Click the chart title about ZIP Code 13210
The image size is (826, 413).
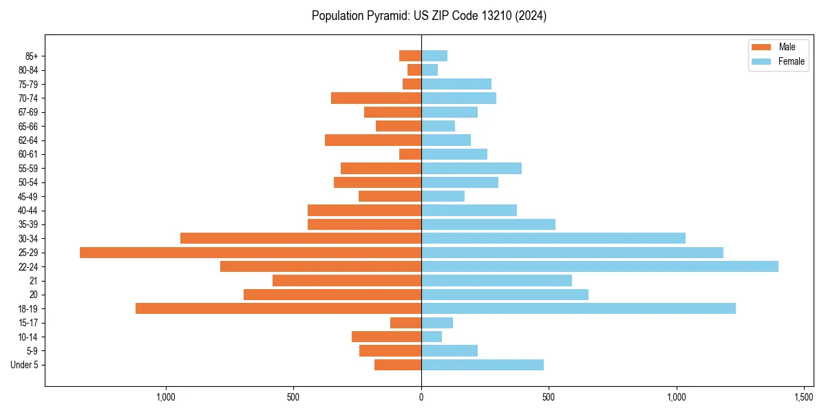(429, 16)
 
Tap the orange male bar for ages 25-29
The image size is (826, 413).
(251, 253)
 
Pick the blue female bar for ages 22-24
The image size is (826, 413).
(600, 266)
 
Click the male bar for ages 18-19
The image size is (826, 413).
(278, 308)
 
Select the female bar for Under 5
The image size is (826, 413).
(483, 365)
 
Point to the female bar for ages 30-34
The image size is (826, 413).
(553, 238)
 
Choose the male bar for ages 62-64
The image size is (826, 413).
(373, 140)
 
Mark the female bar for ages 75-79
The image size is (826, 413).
(456, 84)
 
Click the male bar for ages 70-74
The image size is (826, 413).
(376, 98)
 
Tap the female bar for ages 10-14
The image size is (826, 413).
(432, 337)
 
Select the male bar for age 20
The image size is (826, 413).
(332, 295)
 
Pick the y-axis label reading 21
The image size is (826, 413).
(34, 281)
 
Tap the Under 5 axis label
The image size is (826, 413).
(24, 365)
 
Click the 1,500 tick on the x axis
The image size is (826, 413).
(804, 397)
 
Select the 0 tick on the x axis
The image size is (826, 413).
(421, 397)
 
